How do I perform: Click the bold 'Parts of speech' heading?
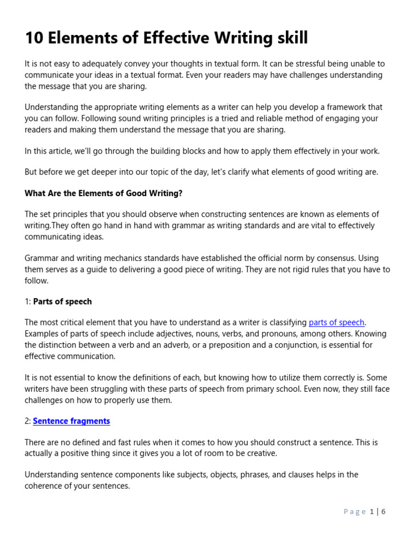coord(62,301)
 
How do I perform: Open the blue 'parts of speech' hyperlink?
coord(337,323)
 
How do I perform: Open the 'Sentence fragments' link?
coord(71,421)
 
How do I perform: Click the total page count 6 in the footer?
coord(384,511)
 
